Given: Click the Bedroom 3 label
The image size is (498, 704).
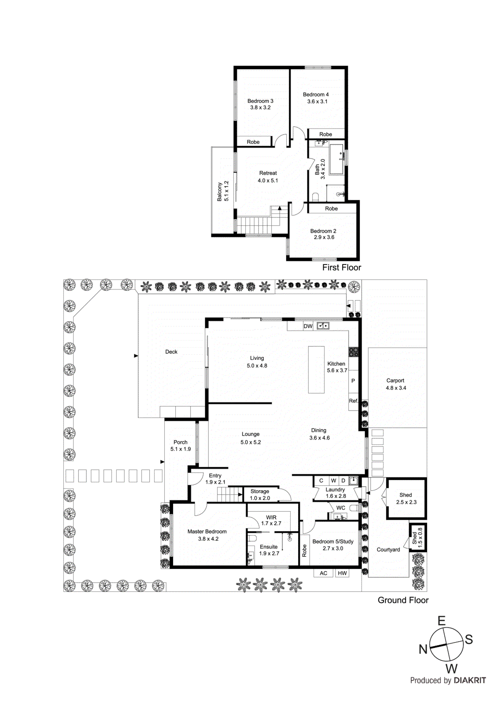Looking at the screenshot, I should [x=260, y=104].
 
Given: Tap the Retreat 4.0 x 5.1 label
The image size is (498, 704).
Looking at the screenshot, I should [x=268, y=177].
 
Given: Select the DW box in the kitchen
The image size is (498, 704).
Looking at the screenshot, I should [x=308, y=326].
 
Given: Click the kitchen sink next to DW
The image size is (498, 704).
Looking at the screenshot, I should [x=323, y=326].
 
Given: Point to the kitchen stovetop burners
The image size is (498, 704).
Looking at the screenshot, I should [x=354, y=352].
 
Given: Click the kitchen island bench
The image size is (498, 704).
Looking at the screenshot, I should [x=316, y=370].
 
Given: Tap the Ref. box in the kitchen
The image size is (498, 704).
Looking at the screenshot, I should [x=353, y=401].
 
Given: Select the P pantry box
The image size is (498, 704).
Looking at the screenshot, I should [x=353, y=381].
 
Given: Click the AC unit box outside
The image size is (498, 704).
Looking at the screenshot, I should [x=324, y=573].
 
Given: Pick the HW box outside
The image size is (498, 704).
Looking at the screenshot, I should [x=342, y=573].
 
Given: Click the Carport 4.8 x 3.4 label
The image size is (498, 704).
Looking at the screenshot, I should [x=395, y=384].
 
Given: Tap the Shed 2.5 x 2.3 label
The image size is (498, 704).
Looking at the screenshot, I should [x=406, y=499].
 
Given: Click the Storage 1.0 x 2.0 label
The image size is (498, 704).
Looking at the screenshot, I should [x=260, y=495].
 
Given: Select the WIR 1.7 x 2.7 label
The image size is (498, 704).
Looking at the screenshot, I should [x=271, y=521].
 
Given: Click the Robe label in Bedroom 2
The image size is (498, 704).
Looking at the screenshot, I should [x=332, y=209].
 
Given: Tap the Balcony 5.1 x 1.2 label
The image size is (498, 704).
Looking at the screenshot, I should [x=223, y=191].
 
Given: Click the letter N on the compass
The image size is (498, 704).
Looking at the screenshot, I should [x=423, y=649].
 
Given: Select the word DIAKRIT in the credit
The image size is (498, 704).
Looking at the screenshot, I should [x=470, y=680].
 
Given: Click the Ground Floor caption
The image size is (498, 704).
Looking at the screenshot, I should [x=403, y=600].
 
